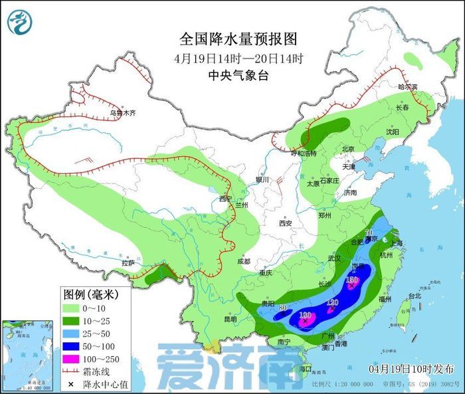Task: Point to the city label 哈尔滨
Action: (407, 87)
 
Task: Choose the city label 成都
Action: (244, 261)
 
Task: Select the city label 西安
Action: (286, 224)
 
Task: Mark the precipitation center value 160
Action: (306, 315)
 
